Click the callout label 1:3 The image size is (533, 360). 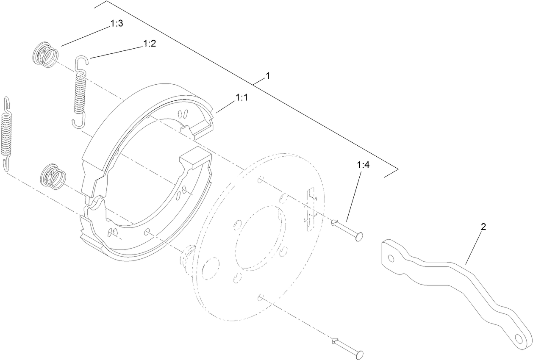click(x=117, y=24)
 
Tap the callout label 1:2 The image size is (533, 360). click(x=150, y=43)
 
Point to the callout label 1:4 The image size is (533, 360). click(x=363, y=165)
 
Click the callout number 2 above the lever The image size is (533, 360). click(x=483, y=227)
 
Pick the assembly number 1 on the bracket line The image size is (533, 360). click(x=267, y=76)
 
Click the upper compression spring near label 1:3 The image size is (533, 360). click(x=45, y=55)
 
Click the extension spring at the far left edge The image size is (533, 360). click(x=7, y=133)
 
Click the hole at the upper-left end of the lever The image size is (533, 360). click(x=391, y=258)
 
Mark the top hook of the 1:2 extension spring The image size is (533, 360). click(x=82, y=61)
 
